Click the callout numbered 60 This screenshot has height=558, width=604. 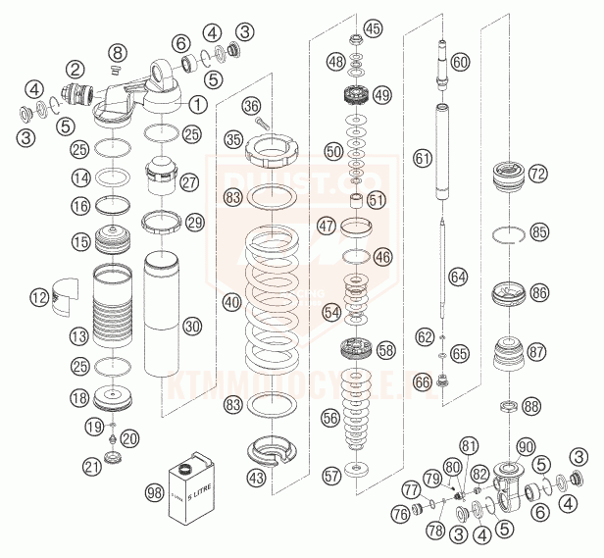[x=460, y=62]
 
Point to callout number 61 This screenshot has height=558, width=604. [x=423, y=157]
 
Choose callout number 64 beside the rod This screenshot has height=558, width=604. [x=459, y=277]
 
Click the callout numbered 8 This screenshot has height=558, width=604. [x=117, y=51]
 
